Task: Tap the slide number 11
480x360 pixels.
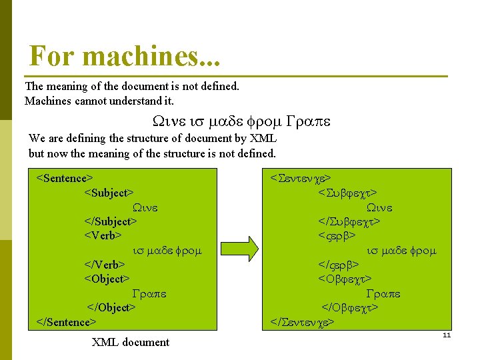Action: tap(447, 335)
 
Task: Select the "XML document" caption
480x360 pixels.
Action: tap(130, 342)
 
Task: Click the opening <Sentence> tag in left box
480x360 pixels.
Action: tap(64, 178)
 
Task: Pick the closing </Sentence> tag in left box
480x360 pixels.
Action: tap(67, 322)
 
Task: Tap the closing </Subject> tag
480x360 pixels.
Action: tap(111, 221)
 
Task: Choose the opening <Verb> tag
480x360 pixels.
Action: tap(103, 235)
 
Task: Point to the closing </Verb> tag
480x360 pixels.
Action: tap(105, 265)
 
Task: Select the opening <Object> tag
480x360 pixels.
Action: tap(107, 279)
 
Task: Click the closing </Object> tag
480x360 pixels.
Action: tap(112, 307)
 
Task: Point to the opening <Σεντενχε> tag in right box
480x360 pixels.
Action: tap(301, 178)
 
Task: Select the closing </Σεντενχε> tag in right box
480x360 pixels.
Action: tap(303, 323)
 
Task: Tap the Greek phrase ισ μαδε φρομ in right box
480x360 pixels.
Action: tap(401, 251)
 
